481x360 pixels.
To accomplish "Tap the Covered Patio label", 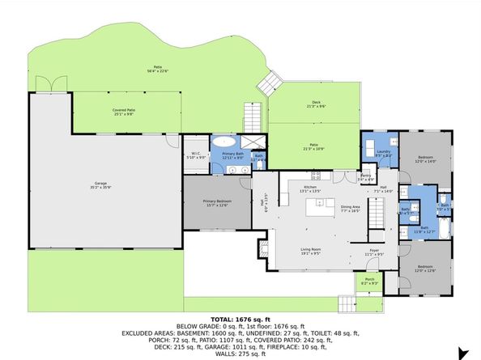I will [123, 111].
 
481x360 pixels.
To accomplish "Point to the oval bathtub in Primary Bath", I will [223, 140].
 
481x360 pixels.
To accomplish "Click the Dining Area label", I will [351, 208].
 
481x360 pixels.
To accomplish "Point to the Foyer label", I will [374, 252].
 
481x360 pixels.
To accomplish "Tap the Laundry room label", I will [384, 152].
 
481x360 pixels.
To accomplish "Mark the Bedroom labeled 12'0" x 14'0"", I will [426, 159].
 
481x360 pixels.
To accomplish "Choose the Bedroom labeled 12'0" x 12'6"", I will [426, 269].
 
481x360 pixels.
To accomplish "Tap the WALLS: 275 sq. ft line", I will [240, 354].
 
